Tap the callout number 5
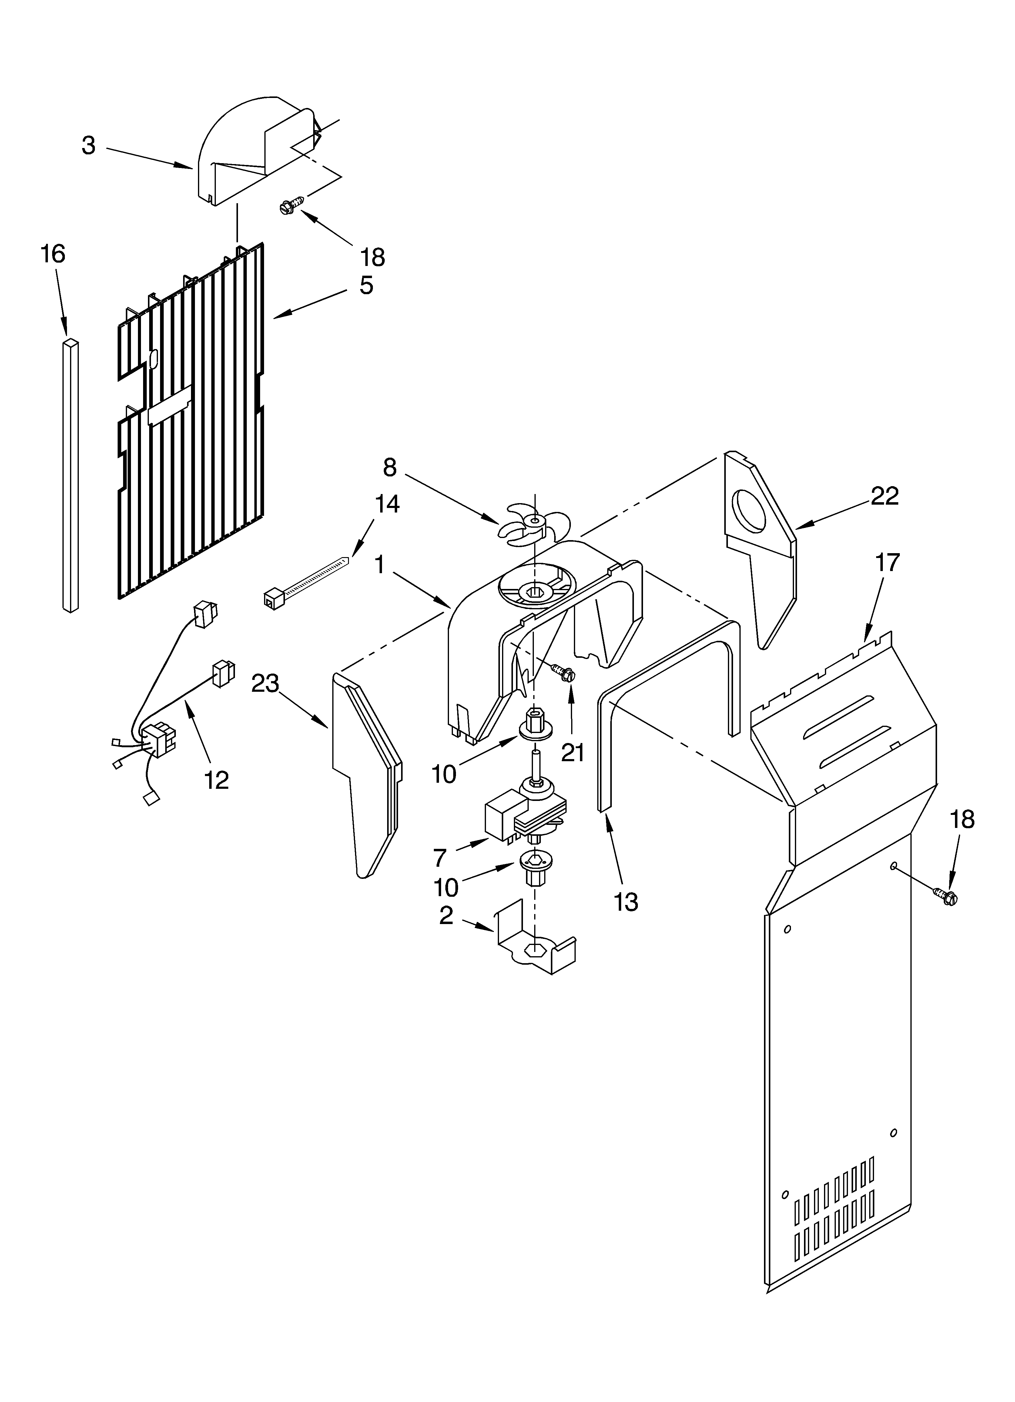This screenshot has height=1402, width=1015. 366,286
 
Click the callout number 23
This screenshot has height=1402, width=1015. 265,684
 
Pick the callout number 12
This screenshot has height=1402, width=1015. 216,780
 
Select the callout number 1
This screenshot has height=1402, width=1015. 379,564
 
